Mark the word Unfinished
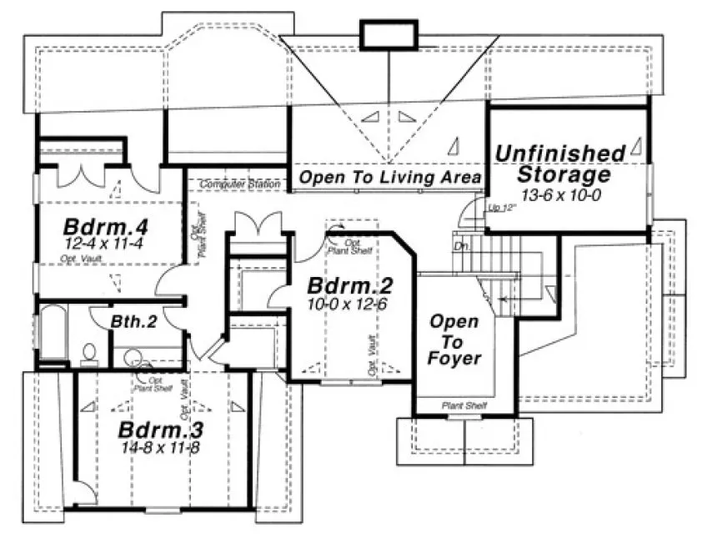pos(559,154)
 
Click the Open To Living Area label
pos(389,177)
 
